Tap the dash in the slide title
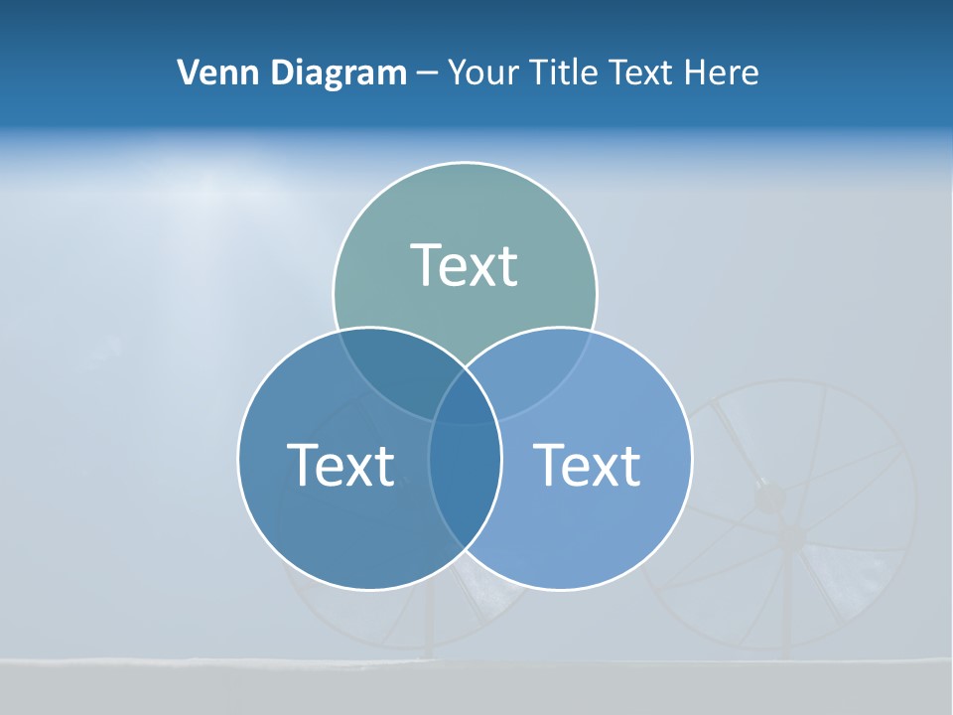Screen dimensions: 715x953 coord(428,73)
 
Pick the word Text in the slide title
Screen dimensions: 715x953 coord(645,72)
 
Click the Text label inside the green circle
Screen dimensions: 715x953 coord(465,265)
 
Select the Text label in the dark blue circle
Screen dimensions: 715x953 coord(340,464)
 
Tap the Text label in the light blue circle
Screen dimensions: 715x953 coord(587,464)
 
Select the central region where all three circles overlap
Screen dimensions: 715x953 coord(465,402)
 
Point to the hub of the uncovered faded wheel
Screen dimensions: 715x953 coord(791,536)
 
